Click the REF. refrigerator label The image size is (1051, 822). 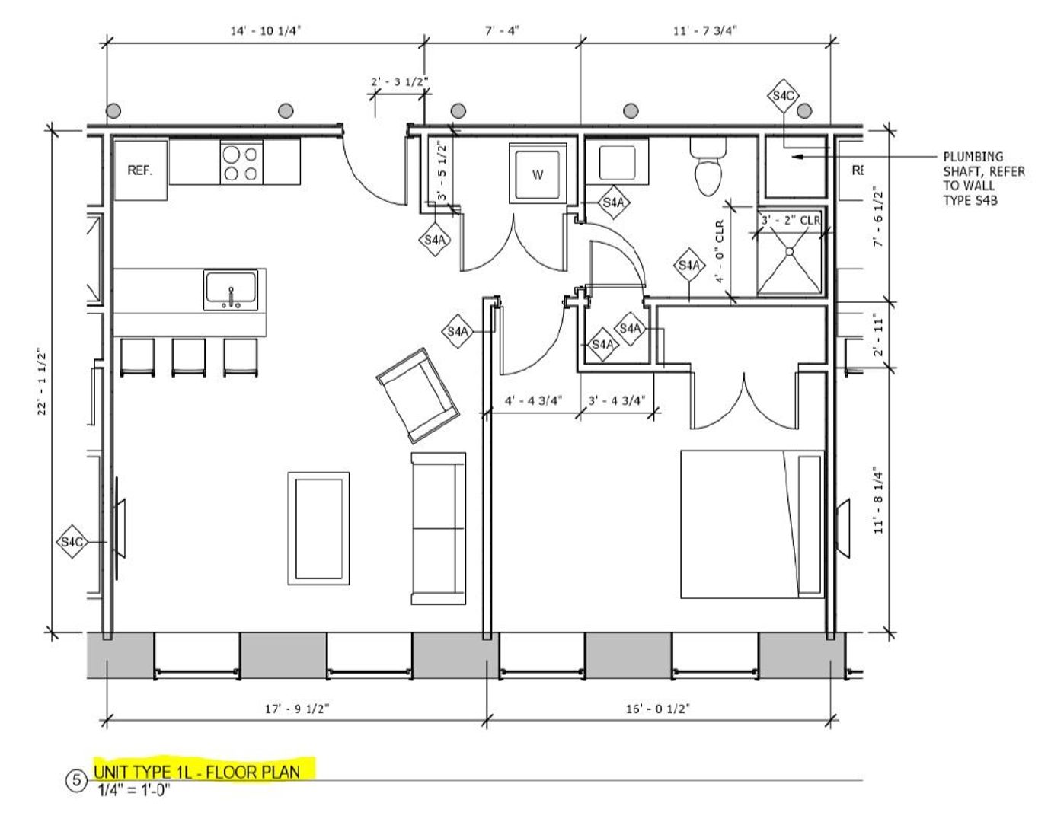point(140,170)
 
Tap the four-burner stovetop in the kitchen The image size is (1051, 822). point(241,163)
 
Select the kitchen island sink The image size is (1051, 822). point(231,290)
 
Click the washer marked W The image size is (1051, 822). point(538,174)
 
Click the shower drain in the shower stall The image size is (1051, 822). point(790,251)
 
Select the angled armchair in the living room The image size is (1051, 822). point(417,396)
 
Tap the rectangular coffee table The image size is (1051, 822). point(318,528)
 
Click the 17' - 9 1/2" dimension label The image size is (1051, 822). point(296,708)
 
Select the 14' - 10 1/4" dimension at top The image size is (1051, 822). point(261,30)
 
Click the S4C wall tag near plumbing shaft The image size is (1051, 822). point(783,96)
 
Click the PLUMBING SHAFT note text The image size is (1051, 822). point(983,178)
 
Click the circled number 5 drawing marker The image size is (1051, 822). point(77,780)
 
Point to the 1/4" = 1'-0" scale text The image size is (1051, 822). point(133,789)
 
